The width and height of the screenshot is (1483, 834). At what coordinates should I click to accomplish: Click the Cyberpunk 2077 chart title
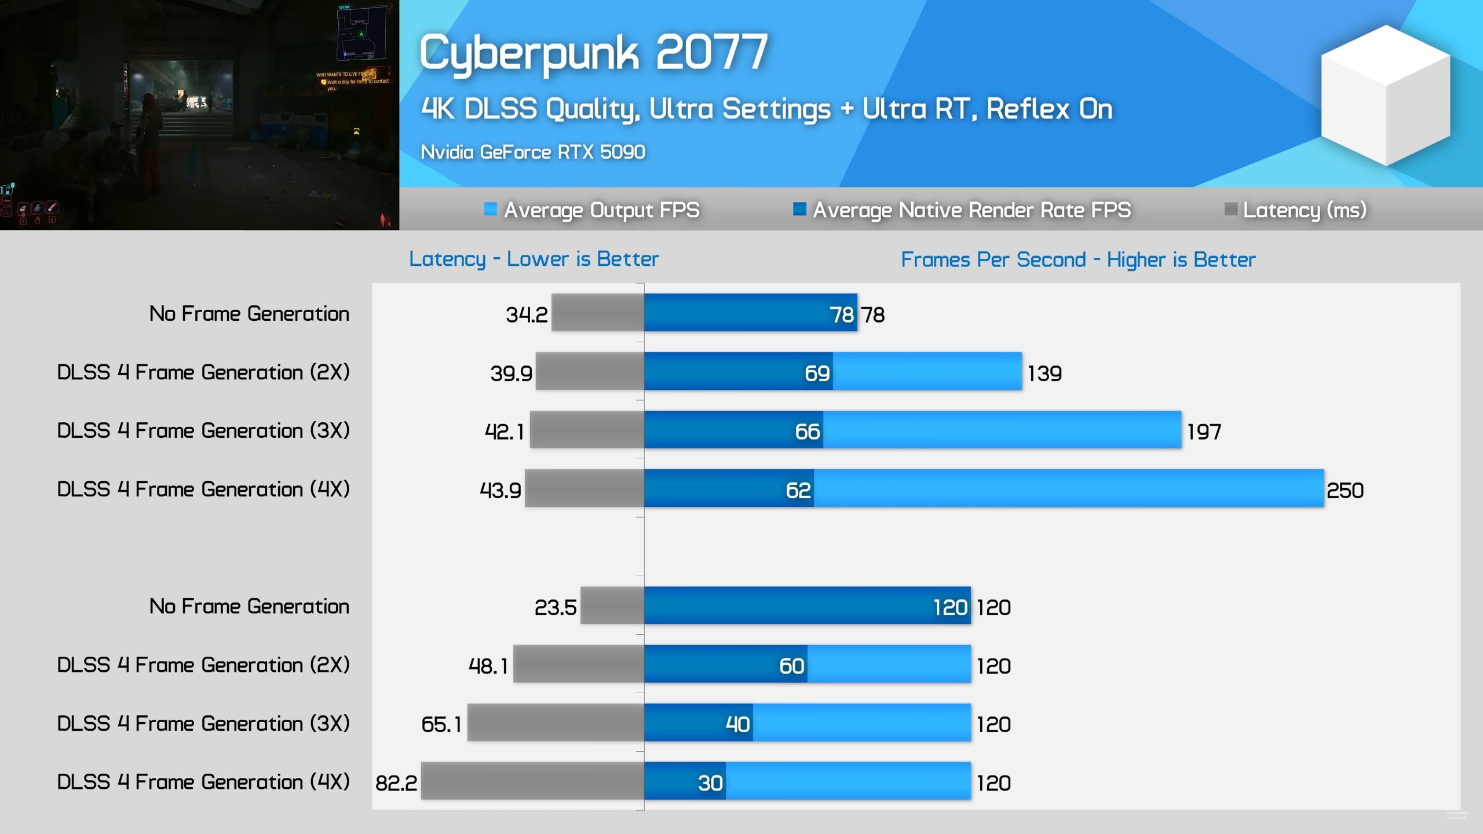tap(593, 53)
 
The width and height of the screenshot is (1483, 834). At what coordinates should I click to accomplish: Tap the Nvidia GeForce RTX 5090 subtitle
tap(532, 152)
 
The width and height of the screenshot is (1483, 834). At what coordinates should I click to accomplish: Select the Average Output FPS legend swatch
tap(490, 209)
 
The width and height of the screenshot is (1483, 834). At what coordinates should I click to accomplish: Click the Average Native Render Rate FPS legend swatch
tap(799, 209)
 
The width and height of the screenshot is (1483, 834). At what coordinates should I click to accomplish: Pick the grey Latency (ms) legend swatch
tap(1230, 209)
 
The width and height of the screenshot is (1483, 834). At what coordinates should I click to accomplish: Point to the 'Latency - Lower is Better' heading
tap(534, 259)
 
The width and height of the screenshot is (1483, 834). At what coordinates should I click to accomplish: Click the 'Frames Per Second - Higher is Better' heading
tap(1078, 259)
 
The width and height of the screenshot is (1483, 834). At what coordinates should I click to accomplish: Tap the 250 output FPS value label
tap(1345, 491)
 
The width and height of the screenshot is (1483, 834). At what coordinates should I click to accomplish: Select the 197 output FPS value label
tap(1204, 431)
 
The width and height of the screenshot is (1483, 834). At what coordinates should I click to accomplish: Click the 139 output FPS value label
tap(1044, 374)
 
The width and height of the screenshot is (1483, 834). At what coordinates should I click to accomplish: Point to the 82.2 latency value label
tap(396, 783)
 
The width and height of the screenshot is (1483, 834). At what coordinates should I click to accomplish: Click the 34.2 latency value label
tap(527, 314)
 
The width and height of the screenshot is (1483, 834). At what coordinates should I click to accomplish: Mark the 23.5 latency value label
tap(555, 608)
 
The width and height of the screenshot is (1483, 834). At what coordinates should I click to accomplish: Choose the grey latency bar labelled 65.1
tap(556, 723)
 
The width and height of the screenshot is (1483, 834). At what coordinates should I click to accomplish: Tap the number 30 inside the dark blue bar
tap(710, 783)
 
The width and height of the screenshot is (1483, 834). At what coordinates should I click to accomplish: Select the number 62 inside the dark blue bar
tap(798, 491)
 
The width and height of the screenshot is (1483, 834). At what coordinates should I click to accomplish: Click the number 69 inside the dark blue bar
tap(817, 374)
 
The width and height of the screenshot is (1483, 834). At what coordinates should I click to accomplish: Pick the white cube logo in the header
tap(1385, 96)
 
